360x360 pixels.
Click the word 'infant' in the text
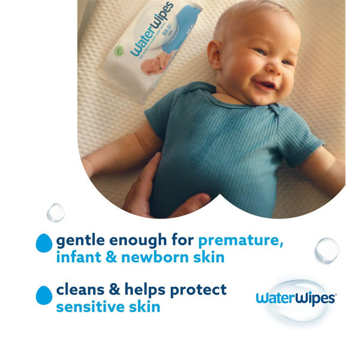point(75,258)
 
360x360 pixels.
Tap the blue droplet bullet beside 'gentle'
point(43,242)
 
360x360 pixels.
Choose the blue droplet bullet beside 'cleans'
point(43,295)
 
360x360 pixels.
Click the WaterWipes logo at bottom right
point(295,298)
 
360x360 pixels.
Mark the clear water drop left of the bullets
point(56,212)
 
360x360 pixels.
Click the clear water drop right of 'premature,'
point(326,249)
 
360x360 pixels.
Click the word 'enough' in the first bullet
point(140,241)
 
